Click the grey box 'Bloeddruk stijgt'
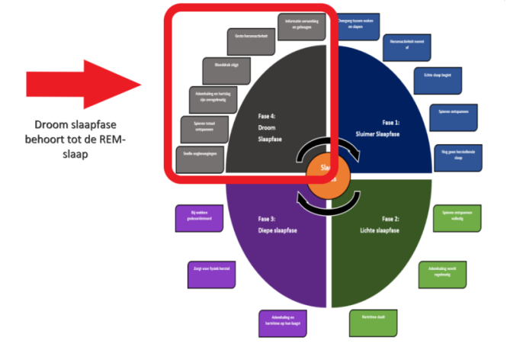click(226, 70)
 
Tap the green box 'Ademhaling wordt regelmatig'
click(441, 273)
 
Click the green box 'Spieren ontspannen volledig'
click(458, 218)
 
